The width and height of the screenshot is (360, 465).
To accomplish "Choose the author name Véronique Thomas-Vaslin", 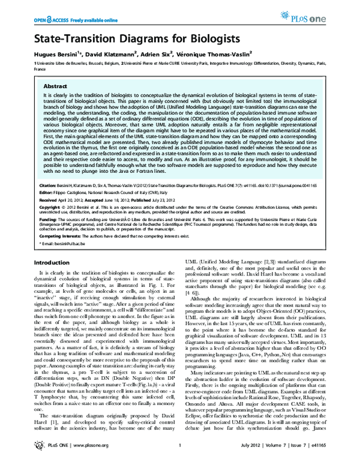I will point(220,53).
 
